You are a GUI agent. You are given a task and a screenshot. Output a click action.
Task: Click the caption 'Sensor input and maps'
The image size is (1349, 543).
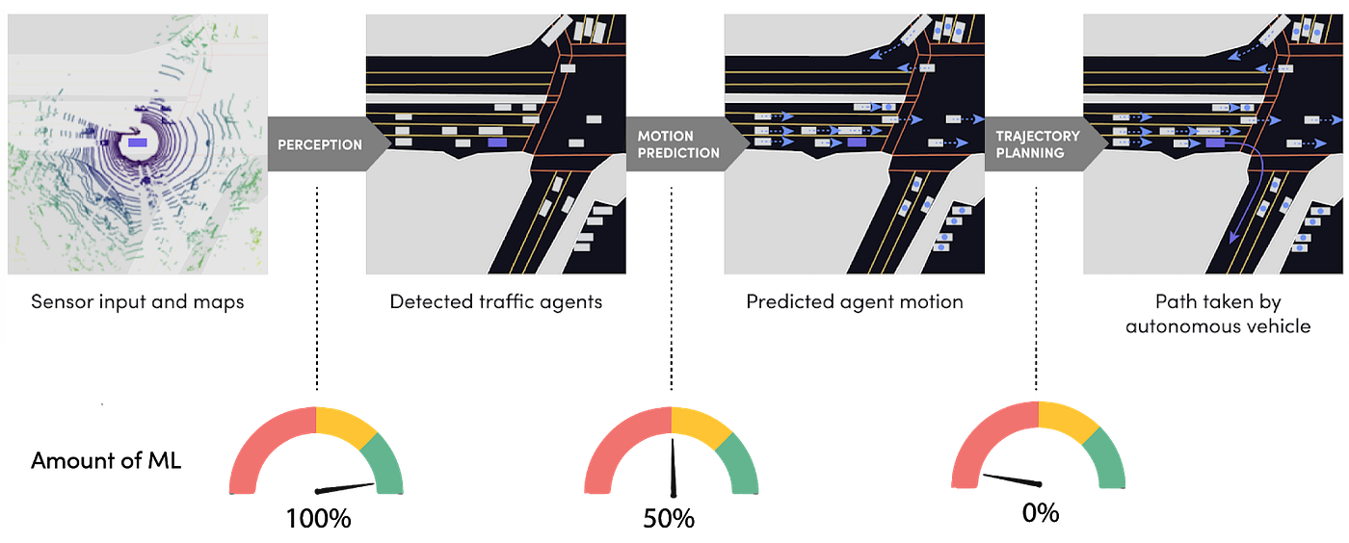pos(138,301)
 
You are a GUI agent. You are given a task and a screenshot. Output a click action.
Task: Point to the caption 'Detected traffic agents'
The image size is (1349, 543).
pos(496,301)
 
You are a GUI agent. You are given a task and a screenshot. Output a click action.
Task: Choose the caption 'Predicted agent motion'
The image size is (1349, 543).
pos(855,301)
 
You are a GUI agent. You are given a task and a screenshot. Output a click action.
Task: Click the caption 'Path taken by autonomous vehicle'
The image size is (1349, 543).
pos(1218,314)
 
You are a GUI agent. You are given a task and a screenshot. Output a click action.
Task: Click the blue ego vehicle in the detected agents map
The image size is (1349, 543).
pos(497,142)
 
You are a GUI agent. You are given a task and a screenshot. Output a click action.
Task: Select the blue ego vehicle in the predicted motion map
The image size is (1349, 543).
pos(856,142)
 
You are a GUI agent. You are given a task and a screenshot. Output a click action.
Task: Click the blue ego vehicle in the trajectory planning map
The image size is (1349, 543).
pos(1215,142)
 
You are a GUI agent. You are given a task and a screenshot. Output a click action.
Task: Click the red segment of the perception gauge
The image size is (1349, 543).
pos(260,443)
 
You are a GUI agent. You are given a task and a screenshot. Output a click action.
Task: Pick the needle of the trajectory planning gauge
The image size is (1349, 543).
pos(1012,478)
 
